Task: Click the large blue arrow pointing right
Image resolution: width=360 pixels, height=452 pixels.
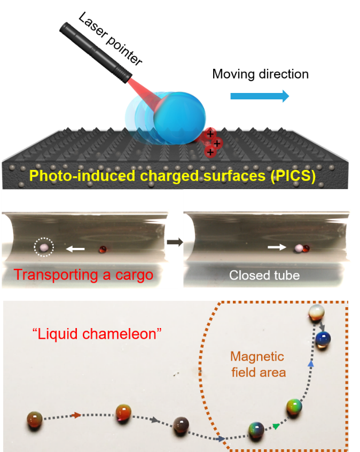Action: (x=260, y=96)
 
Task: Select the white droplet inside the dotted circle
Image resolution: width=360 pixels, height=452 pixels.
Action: (x=43, y=247)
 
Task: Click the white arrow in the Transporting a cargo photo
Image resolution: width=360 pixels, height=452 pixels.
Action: (x=75, y=248)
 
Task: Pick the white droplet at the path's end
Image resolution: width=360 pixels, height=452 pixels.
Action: (x=317, y=313)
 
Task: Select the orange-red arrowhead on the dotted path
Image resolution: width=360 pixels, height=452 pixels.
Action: (x=77, y=415)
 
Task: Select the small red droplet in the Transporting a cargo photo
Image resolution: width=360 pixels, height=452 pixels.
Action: (x=103, y=249)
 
